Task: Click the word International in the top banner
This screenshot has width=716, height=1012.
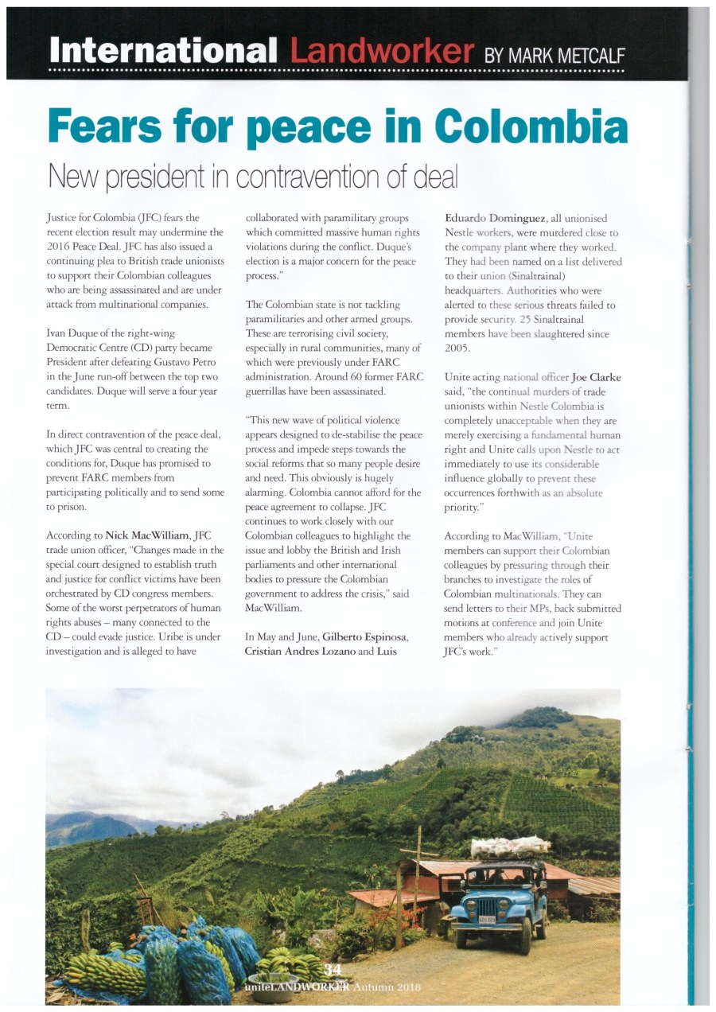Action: pyautogui.click(x=162, y=50)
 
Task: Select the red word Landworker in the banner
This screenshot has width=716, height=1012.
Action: pyautogui.click(x=382, y=50)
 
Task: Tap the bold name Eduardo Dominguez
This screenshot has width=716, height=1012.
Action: pyautogui.click(x=492, y=218)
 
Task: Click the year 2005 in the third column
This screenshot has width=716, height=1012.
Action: pyautogui.click(x=457, y=348)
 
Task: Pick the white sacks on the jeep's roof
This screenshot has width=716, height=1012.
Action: pyautogui.click(x=509, y=847)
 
